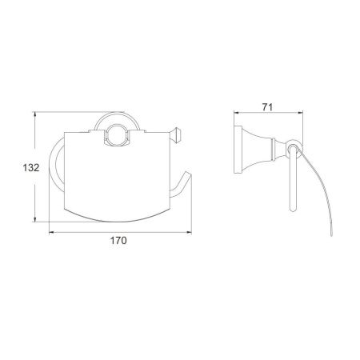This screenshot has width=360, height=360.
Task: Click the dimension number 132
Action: tap(31, 168)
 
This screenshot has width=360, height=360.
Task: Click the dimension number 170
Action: tap(118, 241)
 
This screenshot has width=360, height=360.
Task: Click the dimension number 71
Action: tap(267, 107)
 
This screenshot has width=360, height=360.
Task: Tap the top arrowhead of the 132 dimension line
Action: tap(34, 114)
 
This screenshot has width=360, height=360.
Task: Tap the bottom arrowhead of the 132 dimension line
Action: tap(34, 219)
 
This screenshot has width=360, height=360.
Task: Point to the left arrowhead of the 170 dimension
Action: tap(52, 233)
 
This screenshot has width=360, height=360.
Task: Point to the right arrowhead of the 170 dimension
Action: tap(189, 233)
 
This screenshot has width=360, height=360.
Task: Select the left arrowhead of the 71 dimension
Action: tap(237, 113)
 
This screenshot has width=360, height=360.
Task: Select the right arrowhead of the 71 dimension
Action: tap(300, 113)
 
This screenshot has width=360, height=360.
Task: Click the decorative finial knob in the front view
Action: tap(175, 135)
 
